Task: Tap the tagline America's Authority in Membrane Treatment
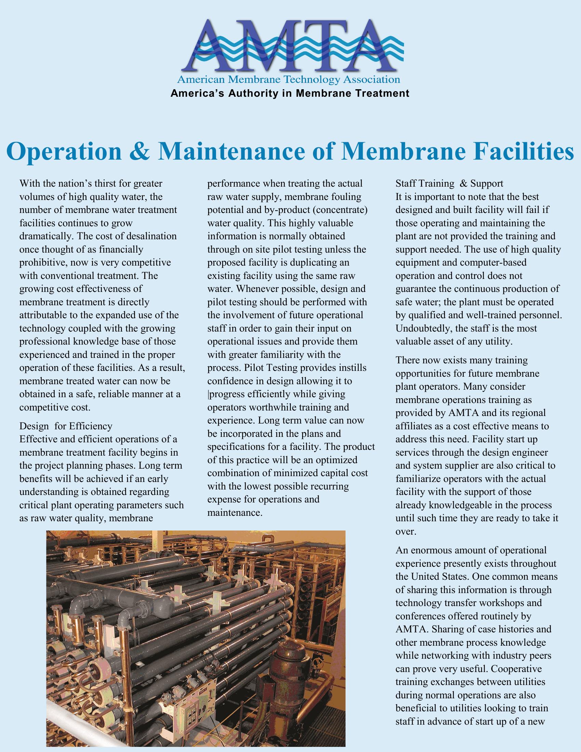[290, 93]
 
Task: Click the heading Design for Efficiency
[66, 426]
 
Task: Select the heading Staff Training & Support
[449, 184]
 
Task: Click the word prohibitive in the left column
[43, 263]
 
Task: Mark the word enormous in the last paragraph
[430, 550]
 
